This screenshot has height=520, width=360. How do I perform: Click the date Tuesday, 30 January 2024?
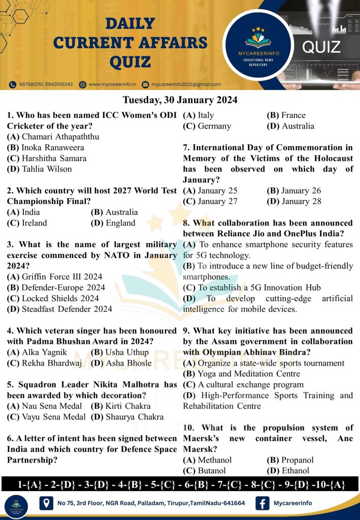coord(180,100)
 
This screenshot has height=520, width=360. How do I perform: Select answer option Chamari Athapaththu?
coord(53,137)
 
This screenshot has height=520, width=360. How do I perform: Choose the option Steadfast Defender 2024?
coord(60,308)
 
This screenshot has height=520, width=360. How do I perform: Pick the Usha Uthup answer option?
coord(120,352)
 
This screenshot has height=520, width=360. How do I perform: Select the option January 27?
coord(210,202)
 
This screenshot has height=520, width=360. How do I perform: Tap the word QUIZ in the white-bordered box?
coord(321,47)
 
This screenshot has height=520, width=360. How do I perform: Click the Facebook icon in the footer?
coord(263,503)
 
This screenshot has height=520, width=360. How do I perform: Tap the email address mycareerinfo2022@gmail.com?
coord(185,84)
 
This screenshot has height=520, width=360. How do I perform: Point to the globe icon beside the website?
coord(83,84)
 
